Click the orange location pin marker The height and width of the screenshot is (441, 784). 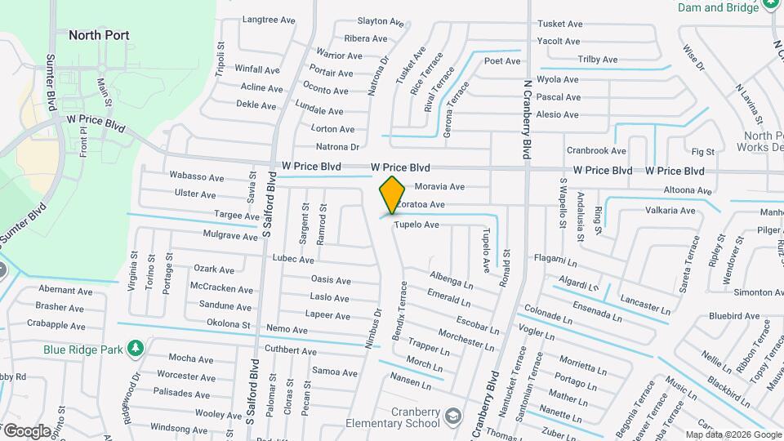393,194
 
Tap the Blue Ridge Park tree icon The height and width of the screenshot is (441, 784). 136,349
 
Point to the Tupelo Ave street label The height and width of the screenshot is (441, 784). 416,225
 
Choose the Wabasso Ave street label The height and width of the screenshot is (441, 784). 196,176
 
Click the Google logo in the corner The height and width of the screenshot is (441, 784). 27,430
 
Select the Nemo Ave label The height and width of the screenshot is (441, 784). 287,330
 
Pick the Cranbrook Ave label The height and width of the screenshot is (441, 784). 596,151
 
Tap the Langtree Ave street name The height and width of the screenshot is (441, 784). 269,20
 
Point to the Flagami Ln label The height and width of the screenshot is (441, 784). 556,259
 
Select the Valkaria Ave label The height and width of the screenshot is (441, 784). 670,211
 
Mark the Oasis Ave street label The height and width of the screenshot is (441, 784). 331,279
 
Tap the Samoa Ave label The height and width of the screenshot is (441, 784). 335,372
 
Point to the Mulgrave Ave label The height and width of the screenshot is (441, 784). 230,236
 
